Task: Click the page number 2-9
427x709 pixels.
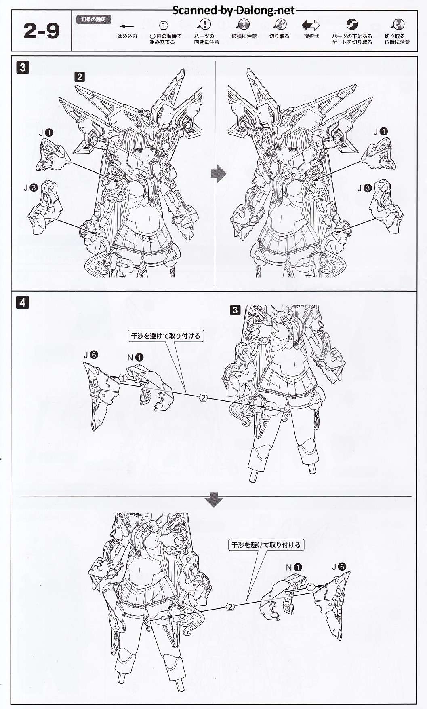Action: pyautogui.click(x=41, y=31)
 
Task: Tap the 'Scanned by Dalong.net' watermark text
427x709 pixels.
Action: pyautogui.click(x=233, y=10)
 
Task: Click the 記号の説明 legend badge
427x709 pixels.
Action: pyautogui.click(x=93, y=19)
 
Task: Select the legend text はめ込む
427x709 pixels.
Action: pyautogui.click(x=127, y=36)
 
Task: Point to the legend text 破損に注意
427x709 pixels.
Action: pyautogui.click(x=244, y=36)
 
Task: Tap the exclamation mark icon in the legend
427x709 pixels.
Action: pyautogui.click(x=206, y=24)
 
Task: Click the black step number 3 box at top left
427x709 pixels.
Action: pyautogui.click(x=23, y=67)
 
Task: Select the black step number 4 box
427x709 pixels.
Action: pyautogui.click(x=23, y=302)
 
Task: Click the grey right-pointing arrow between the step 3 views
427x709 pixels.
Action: pyautogui.click(x=219, y=174)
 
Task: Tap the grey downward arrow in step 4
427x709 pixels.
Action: pyautogui.click(x=214, y=499)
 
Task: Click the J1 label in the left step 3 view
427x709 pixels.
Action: pyautogui.click(x=46, y=132)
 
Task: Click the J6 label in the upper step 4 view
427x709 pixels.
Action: pyautogui.click(x=90, y=355)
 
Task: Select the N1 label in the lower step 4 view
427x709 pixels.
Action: pyautogui.click(x=294, y=567)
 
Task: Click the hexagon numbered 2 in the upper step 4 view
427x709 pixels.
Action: pyautogui.click(x=203, y=398)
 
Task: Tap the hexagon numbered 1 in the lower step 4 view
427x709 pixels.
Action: pyautogui.click(x=310, y=586)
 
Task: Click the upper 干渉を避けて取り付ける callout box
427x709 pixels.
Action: pyautogui.click(x=166, y=336)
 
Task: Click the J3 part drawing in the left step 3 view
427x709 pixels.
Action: pyautogui.click(x=45, y=207)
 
